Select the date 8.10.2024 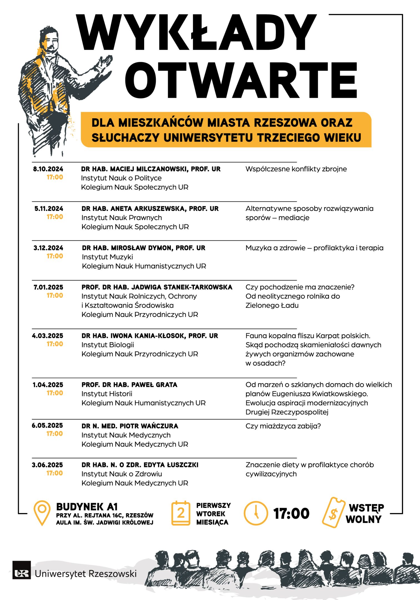tap(48, 169)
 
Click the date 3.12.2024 tap(48, 248)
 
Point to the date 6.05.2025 tap(47, 426)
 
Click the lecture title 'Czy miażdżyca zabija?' tap(283, 426)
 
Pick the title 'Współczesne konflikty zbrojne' tap(296, 169)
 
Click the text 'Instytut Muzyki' tap(107, 257)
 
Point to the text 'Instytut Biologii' tap(108, 345)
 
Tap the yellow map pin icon tap(42, 513)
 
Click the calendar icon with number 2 tap(181, 513)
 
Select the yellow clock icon tap(256, 513)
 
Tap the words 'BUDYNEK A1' tap(87, 507)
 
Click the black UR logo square tap(22, 573)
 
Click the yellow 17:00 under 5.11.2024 tap(55, 217)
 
